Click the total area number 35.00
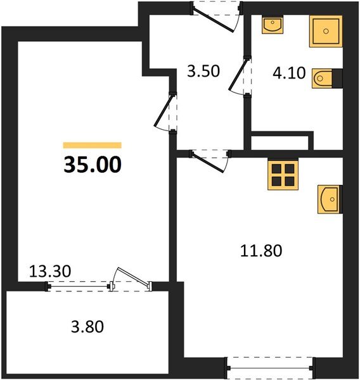point(92,165)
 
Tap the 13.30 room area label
point(50,272)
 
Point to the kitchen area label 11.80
point(260,250)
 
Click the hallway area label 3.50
point(203,70)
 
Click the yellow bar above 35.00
point(92,145)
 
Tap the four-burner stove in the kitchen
point(283,175)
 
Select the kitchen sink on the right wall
point(330,200)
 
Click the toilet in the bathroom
point(323,79)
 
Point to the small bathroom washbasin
point(273,26)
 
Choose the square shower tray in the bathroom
point(325,31)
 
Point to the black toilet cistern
point(338,79)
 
